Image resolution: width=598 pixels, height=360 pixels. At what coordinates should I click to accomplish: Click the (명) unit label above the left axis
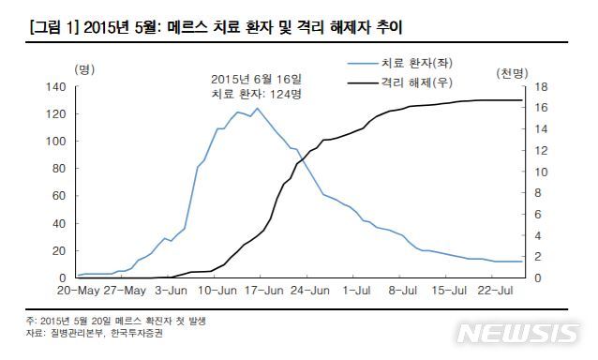83,69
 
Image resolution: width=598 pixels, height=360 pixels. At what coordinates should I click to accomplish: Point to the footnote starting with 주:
116,321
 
